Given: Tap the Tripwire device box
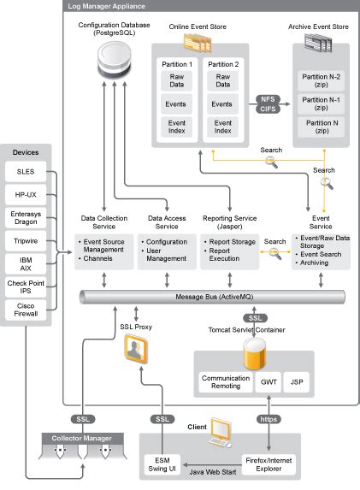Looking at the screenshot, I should pos(26,242).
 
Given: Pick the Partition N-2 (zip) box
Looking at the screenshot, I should pos(322,80).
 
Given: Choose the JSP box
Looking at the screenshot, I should pos(297,382).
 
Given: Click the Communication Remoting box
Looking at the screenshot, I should pos(225,382).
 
